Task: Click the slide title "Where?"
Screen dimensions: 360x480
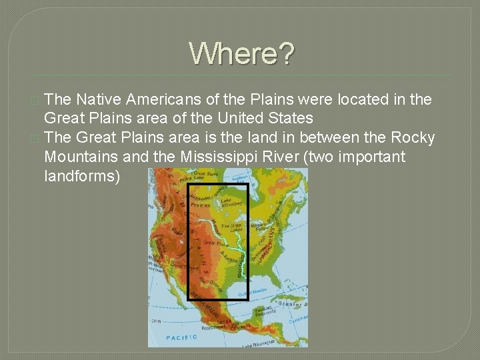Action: [x=241, y=54]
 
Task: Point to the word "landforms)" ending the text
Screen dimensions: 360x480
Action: [x=82, y=177]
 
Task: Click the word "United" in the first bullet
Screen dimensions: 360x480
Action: [x=231, y=119]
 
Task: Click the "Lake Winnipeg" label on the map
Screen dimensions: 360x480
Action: [x=234, y=203]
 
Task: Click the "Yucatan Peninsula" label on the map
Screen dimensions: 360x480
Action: [x=265, y=312]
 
